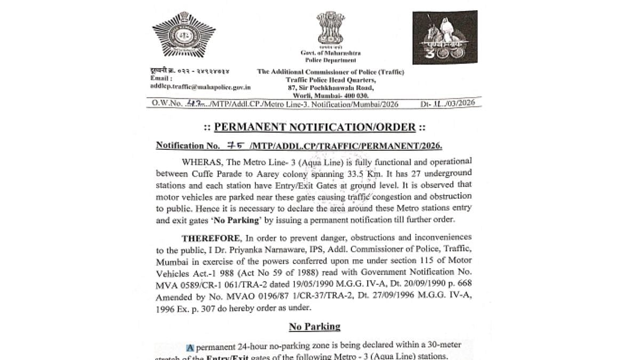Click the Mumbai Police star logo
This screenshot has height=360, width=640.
click(x=183, y=36)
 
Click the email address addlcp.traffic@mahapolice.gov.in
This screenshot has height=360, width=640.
click(x=201, y=86)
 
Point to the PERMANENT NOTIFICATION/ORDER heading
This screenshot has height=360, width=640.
click(x=314, y=127)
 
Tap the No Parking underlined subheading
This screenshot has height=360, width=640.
click(x=315, y=326)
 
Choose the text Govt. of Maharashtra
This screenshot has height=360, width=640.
click(x=330, y=53)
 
